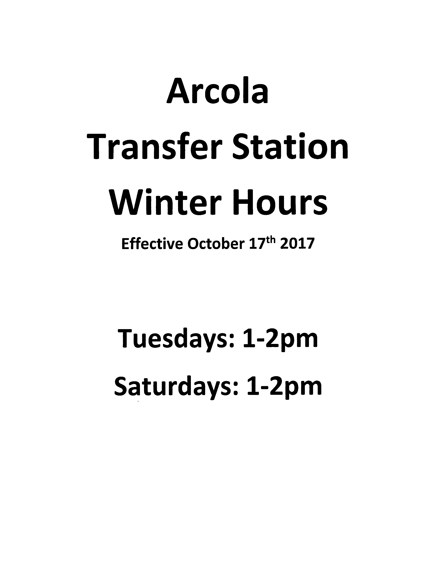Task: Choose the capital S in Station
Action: pos(241,146)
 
